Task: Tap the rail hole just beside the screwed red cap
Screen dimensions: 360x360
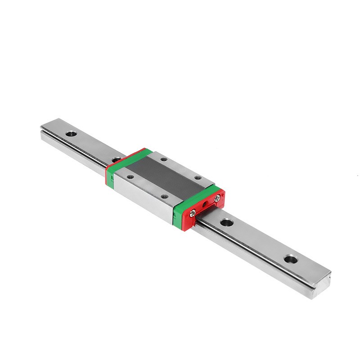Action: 226,222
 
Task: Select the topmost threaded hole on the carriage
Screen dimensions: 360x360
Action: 163,159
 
